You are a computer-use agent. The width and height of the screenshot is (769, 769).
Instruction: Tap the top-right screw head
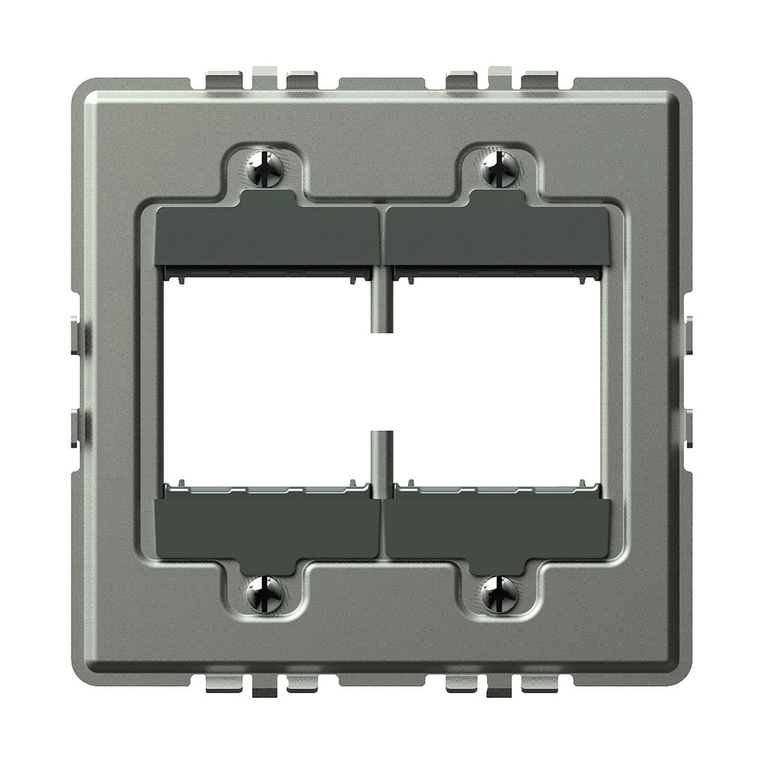point(499,168)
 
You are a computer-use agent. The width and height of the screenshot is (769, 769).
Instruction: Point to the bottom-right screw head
point(499,594)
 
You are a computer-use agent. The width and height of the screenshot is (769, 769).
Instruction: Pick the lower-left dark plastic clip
point(267,528)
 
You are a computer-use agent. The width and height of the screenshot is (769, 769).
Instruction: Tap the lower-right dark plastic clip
point(498,528)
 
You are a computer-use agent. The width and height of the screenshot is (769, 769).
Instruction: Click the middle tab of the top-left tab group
point(264,74)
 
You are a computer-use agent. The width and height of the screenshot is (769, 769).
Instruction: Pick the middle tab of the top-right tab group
point(499,74)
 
